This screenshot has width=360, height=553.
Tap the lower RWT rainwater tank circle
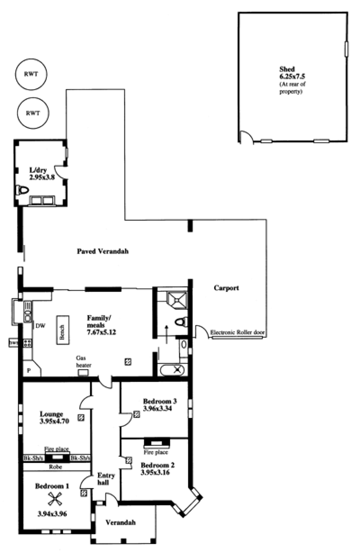33,98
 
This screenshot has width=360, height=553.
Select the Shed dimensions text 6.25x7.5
292,76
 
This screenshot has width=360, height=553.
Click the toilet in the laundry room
22,190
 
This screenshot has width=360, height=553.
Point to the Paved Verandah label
103,251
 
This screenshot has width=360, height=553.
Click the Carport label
226,288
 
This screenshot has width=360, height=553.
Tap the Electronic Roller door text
237,332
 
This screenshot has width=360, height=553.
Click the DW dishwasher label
40,326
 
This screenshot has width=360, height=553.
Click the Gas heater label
84,361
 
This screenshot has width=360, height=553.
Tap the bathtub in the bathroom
172,370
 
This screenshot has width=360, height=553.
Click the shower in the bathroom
177,300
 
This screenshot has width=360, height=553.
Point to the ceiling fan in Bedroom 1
54,498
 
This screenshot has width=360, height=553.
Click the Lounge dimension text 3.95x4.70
54,421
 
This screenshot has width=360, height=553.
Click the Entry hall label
106,479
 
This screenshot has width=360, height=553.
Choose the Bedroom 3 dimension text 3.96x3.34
157,408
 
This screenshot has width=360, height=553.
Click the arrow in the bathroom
166,335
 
